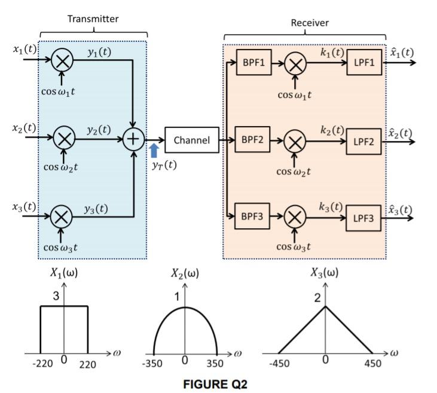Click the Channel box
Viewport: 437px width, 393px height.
pos(191,140)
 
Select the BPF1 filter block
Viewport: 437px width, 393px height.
pos(253,64)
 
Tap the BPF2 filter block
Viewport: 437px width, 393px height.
pos(253,140)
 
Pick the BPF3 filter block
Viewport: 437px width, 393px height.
pos(253,217)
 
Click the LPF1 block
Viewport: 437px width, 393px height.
pos(364,64)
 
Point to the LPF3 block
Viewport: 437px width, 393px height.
pos(364,219)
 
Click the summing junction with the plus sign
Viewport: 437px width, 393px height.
pos(134,140)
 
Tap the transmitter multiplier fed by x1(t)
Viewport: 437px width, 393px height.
pos(62,60)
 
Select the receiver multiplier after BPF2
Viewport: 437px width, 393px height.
pos(294,142)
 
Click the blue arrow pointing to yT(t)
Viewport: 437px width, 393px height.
pos(154,150)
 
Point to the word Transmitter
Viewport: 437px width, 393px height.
pos(93,19)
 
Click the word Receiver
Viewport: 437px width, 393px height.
pos(310,23)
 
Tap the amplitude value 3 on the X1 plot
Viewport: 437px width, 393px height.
pos(54,295)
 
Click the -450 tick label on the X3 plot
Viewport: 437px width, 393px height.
pos(278,363)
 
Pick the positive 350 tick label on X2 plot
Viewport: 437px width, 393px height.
pos(215,363)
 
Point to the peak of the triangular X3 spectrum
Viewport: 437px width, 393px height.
pos(325,306)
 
